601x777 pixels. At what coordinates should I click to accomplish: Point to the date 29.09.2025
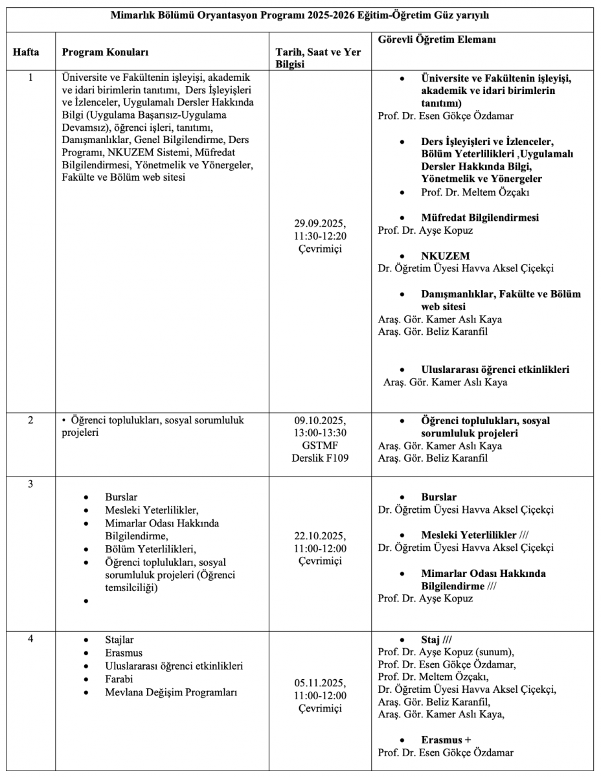click(320, 224)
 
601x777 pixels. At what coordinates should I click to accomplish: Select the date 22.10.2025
click(320, 537)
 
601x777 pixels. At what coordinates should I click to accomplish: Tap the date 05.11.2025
click(320, 683)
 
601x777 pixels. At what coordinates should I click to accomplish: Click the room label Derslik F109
click(320, 457)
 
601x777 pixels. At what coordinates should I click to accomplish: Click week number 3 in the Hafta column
click(30, 486)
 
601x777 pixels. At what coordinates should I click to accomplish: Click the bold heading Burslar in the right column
click(439, 497)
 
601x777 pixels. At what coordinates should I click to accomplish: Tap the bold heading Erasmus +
click(445, 739)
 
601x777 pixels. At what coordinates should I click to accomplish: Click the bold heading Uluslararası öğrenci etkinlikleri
click(495, 370)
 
